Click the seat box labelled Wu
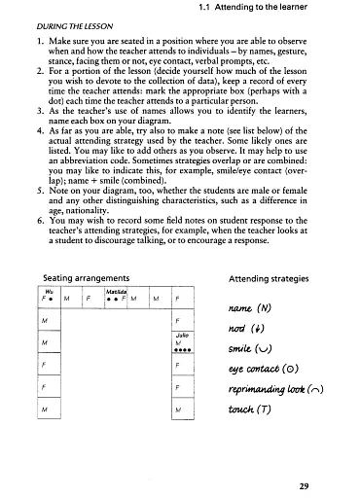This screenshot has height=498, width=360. pos(48,299)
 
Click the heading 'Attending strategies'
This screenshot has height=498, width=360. pos(266,278)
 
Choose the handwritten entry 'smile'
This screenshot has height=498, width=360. pos(256,349)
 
